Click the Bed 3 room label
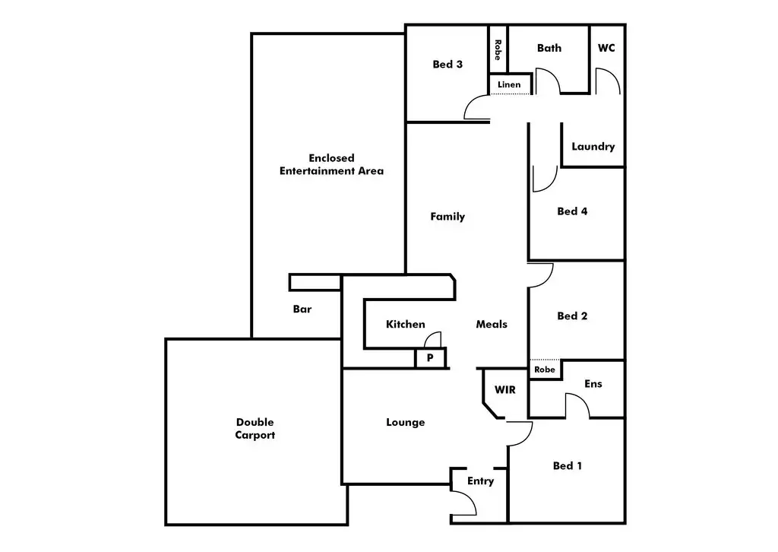click(x=448, y=65)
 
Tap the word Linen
click(x=509, y=84)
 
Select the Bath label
click(x=549, y=48)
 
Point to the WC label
click(x=606, y=48)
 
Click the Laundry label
click(x=593, y=147)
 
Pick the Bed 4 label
click(x=572, y=211)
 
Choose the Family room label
click(x=448, y=217)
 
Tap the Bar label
click(x=302, y=309)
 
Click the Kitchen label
click(x=406, y=325)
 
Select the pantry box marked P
click(x=430, y=357)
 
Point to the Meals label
click(x=492, y=325)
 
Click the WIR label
click(x=505, y=390)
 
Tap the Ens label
click(x=593, y=384)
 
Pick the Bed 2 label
click(x=572, y=316)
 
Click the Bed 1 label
click(x=568, y=466)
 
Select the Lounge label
click(x=406, y=423)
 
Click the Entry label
click(x=480, y=481)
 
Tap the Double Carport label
click(x=255, y=429)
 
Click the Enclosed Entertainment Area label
click(x=331, y=164)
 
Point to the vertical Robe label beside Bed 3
click(x=498, y=50)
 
